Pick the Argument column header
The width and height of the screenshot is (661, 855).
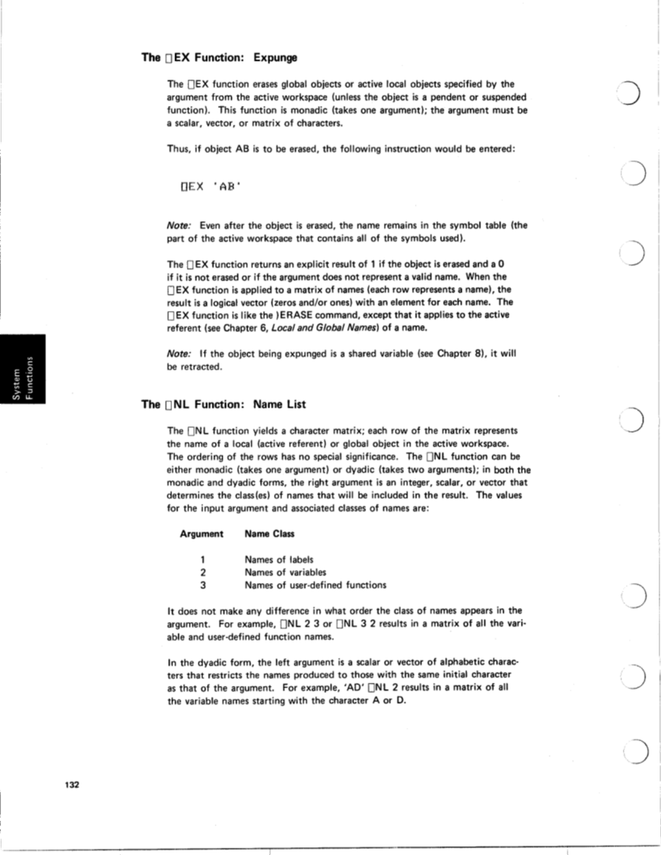pos(201,534)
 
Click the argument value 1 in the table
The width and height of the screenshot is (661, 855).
pos(202,559)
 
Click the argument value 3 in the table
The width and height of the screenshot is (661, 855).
pos(202,585)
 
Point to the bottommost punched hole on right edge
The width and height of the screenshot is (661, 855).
pos(637,753)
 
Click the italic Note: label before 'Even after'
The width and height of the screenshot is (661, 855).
pos(181,225)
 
